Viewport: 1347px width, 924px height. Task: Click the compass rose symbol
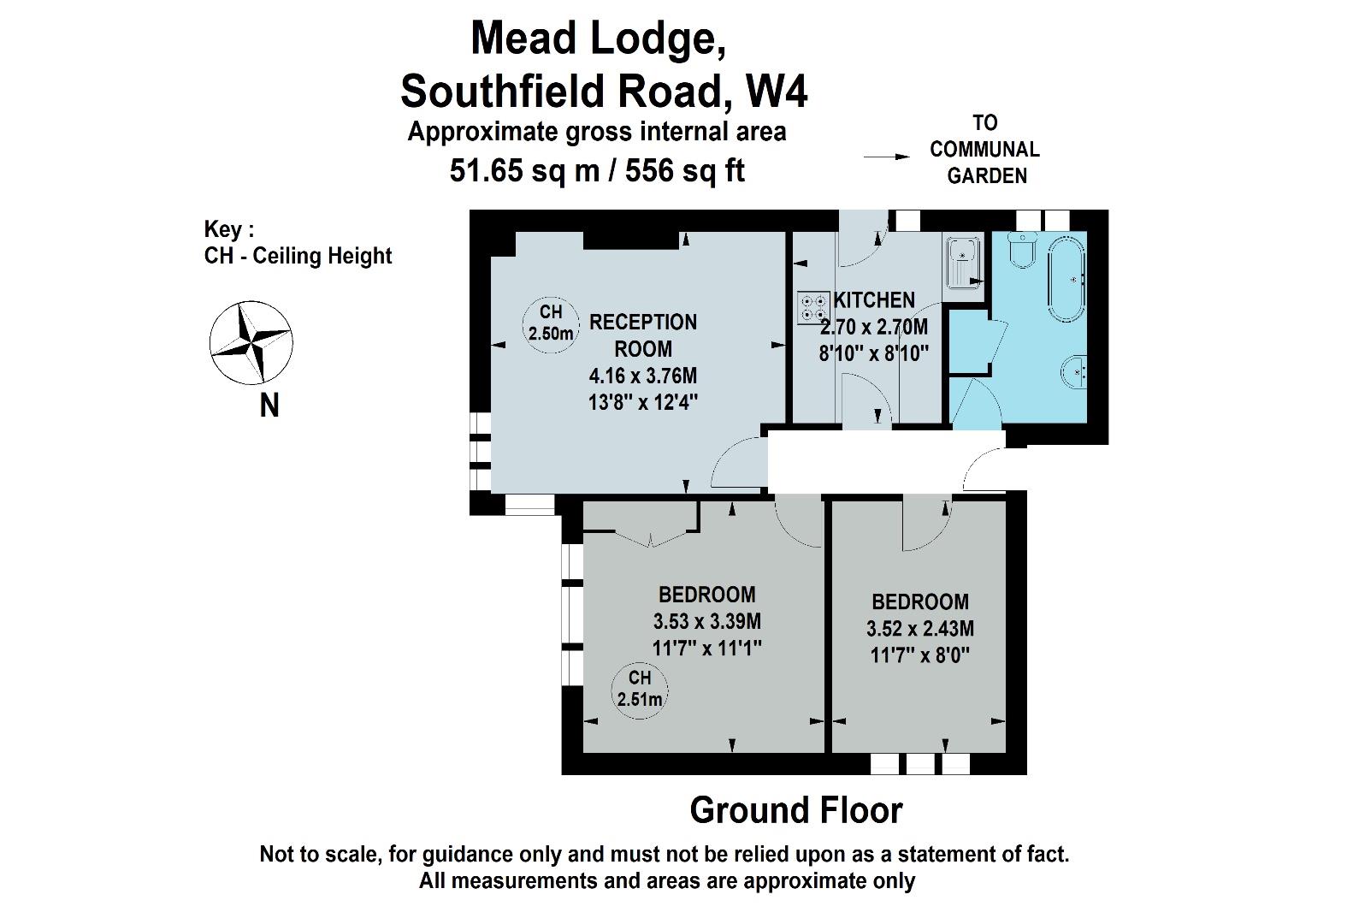[251, 342]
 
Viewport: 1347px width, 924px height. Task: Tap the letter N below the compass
[269, 406]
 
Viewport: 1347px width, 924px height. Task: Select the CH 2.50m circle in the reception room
[550, 324]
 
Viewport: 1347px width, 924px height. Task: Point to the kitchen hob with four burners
[813, 307]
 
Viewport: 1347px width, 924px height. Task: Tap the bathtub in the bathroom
[1066, 278]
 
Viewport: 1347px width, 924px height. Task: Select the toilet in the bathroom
[1022, 250]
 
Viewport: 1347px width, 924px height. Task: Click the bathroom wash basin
[1074, 373]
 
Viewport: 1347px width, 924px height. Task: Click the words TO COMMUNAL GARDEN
[985, 149]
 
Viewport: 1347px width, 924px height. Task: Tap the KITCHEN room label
[874, 299]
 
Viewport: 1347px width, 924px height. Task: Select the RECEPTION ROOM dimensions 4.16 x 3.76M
[643, 376]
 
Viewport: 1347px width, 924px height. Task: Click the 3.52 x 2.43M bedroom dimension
[920, 629]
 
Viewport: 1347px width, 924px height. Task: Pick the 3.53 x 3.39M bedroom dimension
[707, 621]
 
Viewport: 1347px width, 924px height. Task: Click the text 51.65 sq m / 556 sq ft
[597, 170]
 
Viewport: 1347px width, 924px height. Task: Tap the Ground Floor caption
[796, 810]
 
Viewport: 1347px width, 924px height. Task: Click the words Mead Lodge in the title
[598, 39]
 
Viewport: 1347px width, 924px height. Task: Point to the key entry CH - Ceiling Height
[298, 256]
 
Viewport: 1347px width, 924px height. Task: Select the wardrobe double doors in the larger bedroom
[651, 538]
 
